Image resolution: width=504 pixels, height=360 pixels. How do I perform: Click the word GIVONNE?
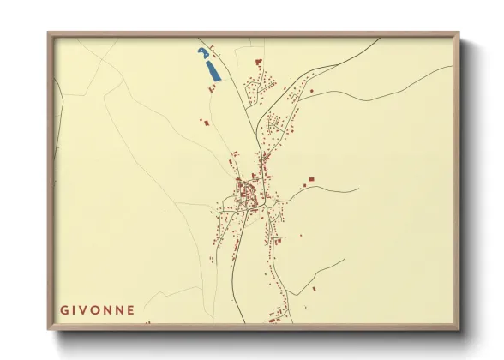pyautogui.click(x=97, y=309)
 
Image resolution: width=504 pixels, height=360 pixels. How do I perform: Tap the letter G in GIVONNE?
pyautogui.click(x=64, y=309)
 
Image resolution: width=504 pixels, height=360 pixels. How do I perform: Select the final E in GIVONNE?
pyautogui.click(x=130, y=309)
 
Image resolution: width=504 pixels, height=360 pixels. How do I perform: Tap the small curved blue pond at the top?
pyautogui.click(x=202, y=53)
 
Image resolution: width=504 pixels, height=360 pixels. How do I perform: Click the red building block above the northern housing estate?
pyautogui.click(x=258, y=61)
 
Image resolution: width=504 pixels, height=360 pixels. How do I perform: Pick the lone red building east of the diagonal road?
pyautogui.click(x=312, y=91)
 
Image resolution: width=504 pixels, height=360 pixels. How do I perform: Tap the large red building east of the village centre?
pyautogui.click(x=309, y=179)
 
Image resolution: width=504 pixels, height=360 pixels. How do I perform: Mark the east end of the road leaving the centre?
pyautogui.click(x=357, y=189)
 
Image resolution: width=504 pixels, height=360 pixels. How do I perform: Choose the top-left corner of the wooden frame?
pyautogui.click(x=48, y=33)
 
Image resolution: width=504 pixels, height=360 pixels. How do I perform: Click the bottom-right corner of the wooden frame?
pyautogui.click(x=460, y=328)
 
